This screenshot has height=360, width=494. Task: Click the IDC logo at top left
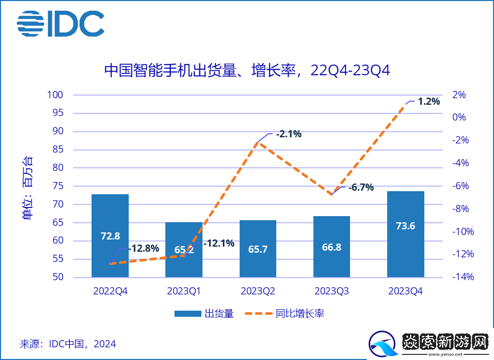coord(61,23)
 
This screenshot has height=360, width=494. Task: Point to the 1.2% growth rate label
coord(428,101)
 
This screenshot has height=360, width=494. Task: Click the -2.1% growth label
coord(288,134)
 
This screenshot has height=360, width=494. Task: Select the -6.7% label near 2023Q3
coord(361,187)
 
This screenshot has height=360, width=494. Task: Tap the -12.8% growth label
coord(144,249)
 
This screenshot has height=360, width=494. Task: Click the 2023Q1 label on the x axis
coord(184,291)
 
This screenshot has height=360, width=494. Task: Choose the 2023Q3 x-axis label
coord(332,291)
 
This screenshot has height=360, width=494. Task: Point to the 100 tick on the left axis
coord(55,95)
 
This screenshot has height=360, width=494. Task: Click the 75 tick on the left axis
coord(57,186)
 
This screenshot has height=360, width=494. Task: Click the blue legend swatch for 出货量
coord(188,314)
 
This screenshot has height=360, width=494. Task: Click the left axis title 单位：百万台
coord(28,187)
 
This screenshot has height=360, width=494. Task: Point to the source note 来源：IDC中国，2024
coord(68,344)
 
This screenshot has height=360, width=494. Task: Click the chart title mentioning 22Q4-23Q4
coord(247,70)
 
